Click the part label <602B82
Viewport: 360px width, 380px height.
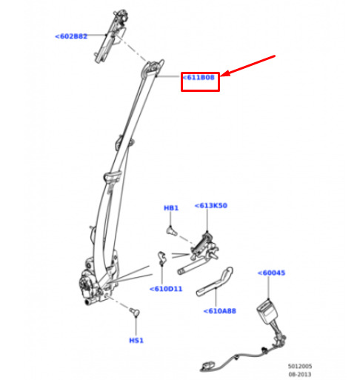[x=71, y=36]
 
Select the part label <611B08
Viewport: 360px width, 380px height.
[x=199, y=78]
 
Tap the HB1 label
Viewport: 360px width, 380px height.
[x=171, y=208]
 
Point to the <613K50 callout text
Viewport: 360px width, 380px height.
[x=211, y=205]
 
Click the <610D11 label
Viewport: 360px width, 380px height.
[x=166, y=289]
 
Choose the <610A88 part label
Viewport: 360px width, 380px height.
[x=219, y=311]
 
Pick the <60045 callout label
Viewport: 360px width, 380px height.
[x=271, y=273]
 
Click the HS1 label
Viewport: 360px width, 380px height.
[x=136, y=341]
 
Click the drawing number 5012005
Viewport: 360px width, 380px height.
[x=300, y=366]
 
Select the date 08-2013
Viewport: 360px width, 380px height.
[x=300, y=374]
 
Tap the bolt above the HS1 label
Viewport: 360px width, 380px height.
[x=135, y=312]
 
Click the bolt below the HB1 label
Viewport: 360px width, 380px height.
[x=171, y=231]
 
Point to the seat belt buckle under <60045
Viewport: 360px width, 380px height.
[x=267, y=313]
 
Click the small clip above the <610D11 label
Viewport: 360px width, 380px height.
[x=161, y=258]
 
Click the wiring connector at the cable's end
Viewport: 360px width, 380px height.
[x=208, y=365]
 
